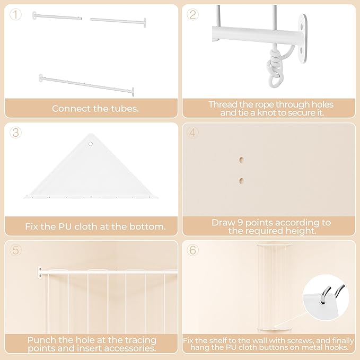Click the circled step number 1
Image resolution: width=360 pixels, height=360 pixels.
[x=15, y=14]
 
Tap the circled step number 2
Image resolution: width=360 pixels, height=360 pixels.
[x=192, y=14]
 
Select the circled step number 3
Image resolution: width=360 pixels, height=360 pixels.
[x=15, y=133]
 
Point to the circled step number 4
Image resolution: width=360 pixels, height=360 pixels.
[x=192, y=133]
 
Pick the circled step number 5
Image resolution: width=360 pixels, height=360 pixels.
[x=15, y=250]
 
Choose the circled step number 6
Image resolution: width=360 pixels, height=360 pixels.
[x=192, y=250]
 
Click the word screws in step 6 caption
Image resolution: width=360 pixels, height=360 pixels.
[x=301, y=340]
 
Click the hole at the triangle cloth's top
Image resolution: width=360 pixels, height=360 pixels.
[x=91, y=144]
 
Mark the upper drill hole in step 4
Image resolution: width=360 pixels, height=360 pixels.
[x=241, y=160]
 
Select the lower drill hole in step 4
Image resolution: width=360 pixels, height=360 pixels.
[x=241, y=181]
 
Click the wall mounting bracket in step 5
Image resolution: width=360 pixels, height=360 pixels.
[x=40, y=273]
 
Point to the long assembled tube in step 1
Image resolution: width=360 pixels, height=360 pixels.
[x=86, y=85]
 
